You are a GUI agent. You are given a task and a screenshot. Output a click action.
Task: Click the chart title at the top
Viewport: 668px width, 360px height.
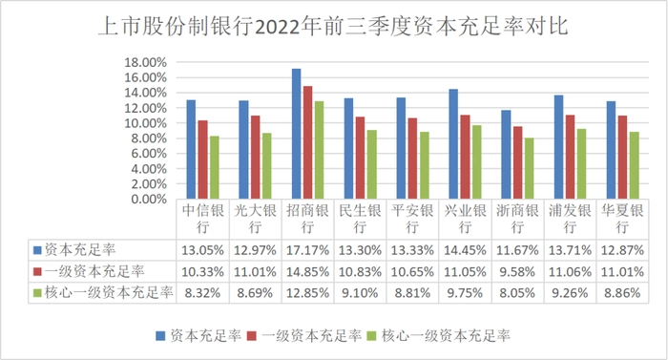(333, 27)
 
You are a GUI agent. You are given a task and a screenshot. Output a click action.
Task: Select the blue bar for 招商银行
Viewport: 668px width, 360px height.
(296, 134)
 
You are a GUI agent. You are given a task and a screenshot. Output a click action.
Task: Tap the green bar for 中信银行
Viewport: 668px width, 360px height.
(215, 168)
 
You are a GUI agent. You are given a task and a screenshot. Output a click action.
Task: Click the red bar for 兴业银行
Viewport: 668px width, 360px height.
(466, 157)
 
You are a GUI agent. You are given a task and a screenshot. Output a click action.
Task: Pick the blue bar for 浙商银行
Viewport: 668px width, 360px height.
(506, 155)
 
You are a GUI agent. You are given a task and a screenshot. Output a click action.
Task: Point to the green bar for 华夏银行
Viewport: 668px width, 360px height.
(635, 165)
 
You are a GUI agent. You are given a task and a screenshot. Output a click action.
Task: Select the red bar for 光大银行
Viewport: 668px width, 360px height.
(255, 158)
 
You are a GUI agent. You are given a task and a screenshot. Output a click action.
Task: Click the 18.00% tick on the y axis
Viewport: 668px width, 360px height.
(145, 63)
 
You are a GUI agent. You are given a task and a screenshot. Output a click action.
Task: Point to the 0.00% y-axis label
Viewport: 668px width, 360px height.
(149, 200)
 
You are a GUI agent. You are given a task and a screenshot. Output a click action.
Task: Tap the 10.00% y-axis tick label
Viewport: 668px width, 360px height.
(145, 123)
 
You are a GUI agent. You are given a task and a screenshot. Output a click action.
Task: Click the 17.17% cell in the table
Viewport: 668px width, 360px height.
(307, 250)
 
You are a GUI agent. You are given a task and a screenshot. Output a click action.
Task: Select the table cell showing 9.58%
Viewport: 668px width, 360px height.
(517, 272)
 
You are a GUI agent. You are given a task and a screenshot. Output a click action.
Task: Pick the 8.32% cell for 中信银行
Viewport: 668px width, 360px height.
(202, 293)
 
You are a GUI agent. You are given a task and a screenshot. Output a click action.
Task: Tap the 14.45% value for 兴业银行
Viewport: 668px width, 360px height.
(466, 250)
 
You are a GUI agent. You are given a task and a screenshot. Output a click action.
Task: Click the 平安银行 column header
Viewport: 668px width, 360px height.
(412, 219)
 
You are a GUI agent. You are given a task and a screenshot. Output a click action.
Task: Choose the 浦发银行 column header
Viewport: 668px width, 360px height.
(570, 219)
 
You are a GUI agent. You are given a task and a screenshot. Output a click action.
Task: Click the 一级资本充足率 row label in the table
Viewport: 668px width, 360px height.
(94, 272)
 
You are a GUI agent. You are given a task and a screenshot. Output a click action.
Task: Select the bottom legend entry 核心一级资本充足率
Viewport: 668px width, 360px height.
(446, 336)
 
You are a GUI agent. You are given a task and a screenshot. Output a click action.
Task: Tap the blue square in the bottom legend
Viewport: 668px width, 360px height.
(160, 336)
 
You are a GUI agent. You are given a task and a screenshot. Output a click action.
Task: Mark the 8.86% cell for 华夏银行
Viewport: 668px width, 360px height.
(622, 293)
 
